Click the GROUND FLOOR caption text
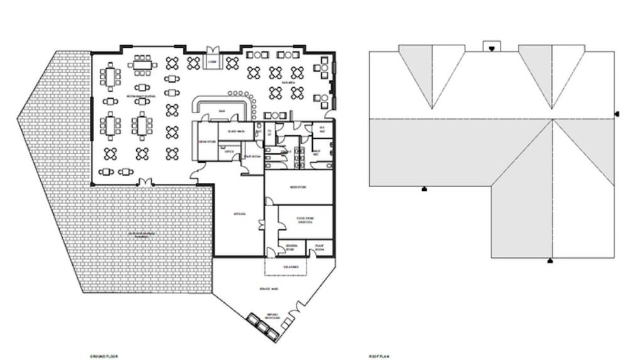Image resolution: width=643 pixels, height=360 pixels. tap(104, 356)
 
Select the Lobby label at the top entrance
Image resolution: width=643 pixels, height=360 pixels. tap(213, 62)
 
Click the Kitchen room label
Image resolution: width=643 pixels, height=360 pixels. tap(239, 214)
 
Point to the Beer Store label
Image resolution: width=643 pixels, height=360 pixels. tap(297, 187)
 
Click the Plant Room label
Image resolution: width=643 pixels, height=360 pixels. tap(319, 248)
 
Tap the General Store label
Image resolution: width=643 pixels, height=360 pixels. tap(291, 247)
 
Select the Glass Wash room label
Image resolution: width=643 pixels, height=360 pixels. tap(236, 131)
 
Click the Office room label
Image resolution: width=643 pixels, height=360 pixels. tap(230, 151)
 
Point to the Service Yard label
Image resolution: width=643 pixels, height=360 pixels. tap(269, 288)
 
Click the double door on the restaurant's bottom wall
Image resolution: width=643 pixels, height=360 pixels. tap(145, 182)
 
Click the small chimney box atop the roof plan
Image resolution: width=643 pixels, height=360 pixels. tap(492, 46)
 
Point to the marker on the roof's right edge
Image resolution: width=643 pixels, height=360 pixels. tap(617, 114)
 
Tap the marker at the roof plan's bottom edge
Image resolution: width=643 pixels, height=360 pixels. tap(550, 260)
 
